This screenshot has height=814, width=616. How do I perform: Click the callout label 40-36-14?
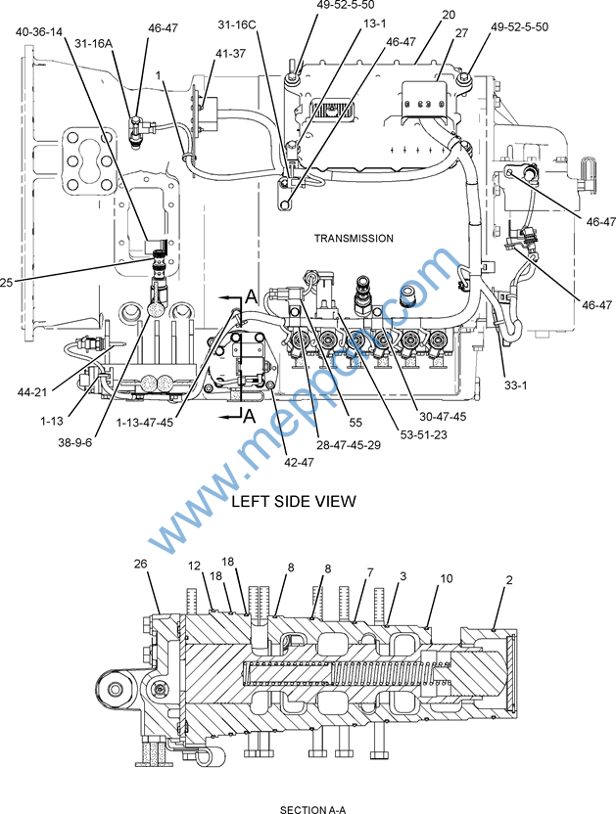38,32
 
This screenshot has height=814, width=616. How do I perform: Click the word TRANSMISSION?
354,238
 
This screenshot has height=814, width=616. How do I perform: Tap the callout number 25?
9,284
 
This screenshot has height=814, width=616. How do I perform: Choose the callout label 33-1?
516,384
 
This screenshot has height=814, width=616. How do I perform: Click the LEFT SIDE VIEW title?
293,501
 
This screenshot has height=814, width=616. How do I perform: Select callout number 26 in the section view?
141,564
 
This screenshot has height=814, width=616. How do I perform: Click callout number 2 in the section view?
509,579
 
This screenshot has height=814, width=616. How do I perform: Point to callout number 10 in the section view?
447,579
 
